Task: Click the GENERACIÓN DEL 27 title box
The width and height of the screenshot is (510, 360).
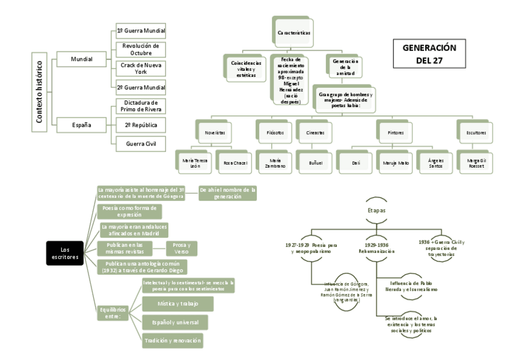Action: click(x=429, y=54)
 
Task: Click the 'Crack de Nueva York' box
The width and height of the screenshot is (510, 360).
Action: click(x=141, y=67)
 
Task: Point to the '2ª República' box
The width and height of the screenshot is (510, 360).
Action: click(x=141, y=125)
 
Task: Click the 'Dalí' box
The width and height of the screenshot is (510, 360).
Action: click(x=355, y=162)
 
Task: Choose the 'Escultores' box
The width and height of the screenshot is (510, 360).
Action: click(x=476, y=132)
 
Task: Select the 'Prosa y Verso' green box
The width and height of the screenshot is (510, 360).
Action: click(x=182, y=248)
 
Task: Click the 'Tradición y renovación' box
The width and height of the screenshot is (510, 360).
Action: click(x=172, y=341)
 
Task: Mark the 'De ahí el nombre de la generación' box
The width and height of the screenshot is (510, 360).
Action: click(x=227, y=193)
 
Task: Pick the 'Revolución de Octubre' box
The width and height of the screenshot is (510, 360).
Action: click(x=141, y=49)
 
